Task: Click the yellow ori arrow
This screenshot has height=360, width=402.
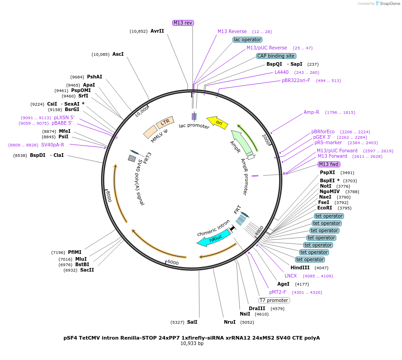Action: pyautogui.click(x=218, y=122)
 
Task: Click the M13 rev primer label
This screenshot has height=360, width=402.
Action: pyautogui.click(x=183, y=23)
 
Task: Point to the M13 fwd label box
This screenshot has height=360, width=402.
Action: pyautogui.click(x=329, y=164)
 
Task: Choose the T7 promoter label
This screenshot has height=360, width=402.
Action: pyautogui.click(x=274, y=300)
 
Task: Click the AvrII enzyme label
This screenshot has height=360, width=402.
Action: pyautogui.click(x=157, y=31)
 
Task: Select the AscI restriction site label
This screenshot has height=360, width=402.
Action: pyautogui.click(x=118, y=54)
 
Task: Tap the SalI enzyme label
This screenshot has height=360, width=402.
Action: pyautogui.click(x=192, y=322)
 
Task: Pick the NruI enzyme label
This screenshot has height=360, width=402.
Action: pyautogui.click(x=230, y=322)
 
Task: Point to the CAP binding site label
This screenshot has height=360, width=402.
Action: pyautogui.click(x=276, y=56)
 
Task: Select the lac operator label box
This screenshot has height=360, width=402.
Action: pyautogui.click(x=247, y=39)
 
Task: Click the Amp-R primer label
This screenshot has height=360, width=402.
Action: pyautogui.click(x=311, y=112)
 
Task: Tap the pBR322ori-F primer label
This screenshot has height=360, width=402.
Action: pyautogui.click(x=296, y=81)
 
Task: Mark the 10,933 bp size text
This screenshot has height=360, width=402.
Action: pyautogui.click(x=192, y=344)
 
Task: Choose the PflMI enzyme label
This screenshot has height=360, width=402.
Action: pyautogui.click(x=75, y=252)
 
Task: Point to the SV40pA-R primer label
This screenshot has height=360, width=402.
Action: pyautogui.click(x=53, y=145)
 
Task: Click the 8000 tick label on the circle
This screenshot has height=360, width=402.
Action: pyautogui.click(x=108, y=196)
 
